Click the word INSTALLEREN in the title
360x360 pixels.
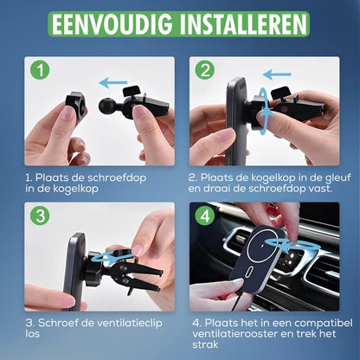[x=239, y=24]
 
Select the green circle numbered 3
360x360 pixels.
[x=38, y=215]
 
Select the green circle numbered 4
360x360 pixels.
[x=203, y=215]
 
